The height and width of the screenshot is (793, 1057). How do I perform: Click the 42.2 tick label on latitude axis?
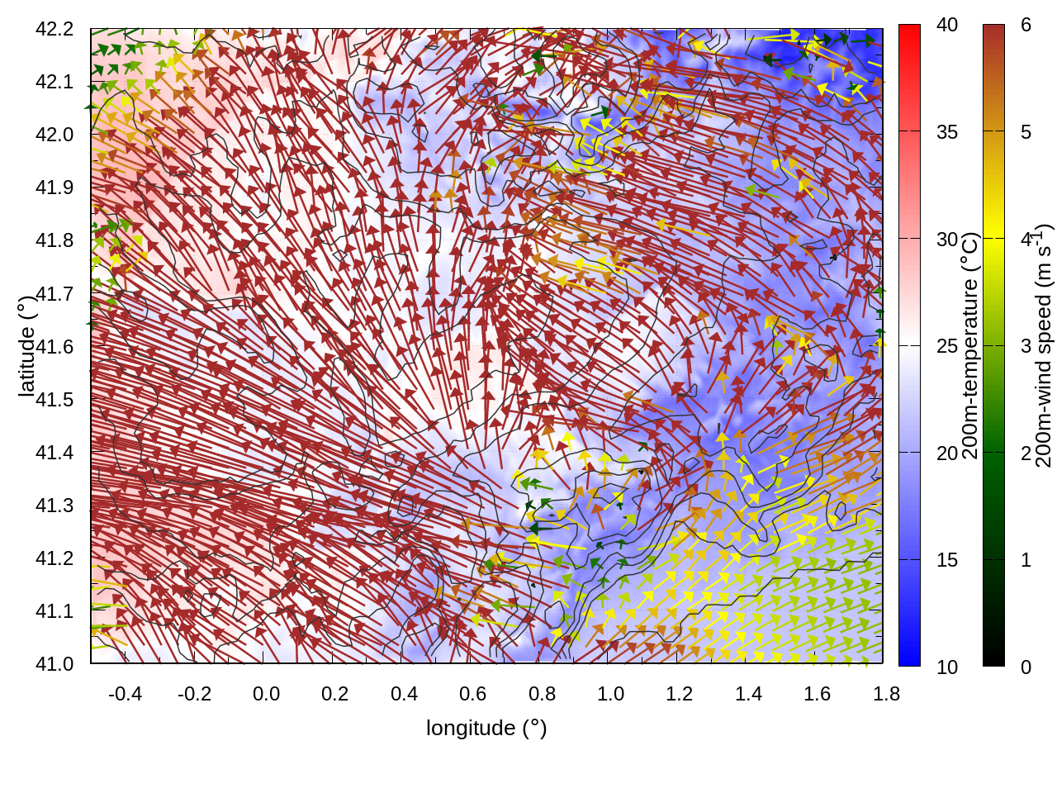(55, 29)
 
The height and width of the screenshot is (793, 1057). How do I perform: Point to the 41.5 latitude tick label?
(55, 400)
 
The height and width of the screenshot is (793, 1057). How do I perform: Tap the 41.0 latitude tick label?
(55, 664)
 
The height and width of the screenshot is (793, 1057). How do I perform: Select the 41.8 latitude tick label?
(55, 240)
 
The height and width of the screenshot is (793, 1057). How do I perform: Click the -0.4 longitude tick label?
(125, 694)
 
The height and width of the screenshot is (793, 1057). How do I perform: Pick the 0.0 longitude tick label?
(266, 694)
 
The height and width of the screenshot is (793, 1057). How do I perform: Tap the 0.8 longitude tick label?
(542, 694)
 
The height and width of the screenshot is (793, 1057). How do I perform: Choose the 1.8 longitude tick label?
(886, 694)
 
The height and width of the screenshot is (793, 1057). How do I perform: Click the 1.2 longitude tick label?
(680, 694)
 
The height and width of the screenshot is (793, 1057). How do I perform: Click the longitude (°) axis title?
(486, 728)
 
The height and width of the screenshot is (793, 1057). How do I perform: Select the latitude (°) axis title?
(26, 346)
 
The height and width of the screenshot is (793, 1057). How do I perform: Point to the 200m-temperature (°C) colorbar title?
(971, 346)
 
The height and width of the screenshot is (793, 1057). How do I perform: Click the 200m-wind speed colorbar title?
(1043, 346)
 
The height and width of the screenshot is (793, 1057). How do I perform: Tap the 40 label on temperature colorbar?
(947, 26)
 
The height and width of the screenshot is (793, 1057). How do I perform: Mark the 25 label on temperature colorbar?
(947, 346)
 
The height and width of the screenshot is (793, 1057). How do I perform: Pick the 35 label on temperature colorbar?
(947, 132)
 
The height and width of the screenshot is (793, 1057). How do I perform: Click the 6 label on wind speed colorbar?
(1026, 26)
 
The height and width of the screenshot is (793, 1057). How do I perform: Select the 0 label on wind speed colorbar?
(1026, 667)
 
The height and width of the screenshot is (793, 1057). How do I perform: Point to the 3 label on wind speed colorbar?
(1026, 346)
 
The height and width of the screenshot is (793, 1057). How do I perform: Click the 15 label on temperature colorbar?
(947, 560)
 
